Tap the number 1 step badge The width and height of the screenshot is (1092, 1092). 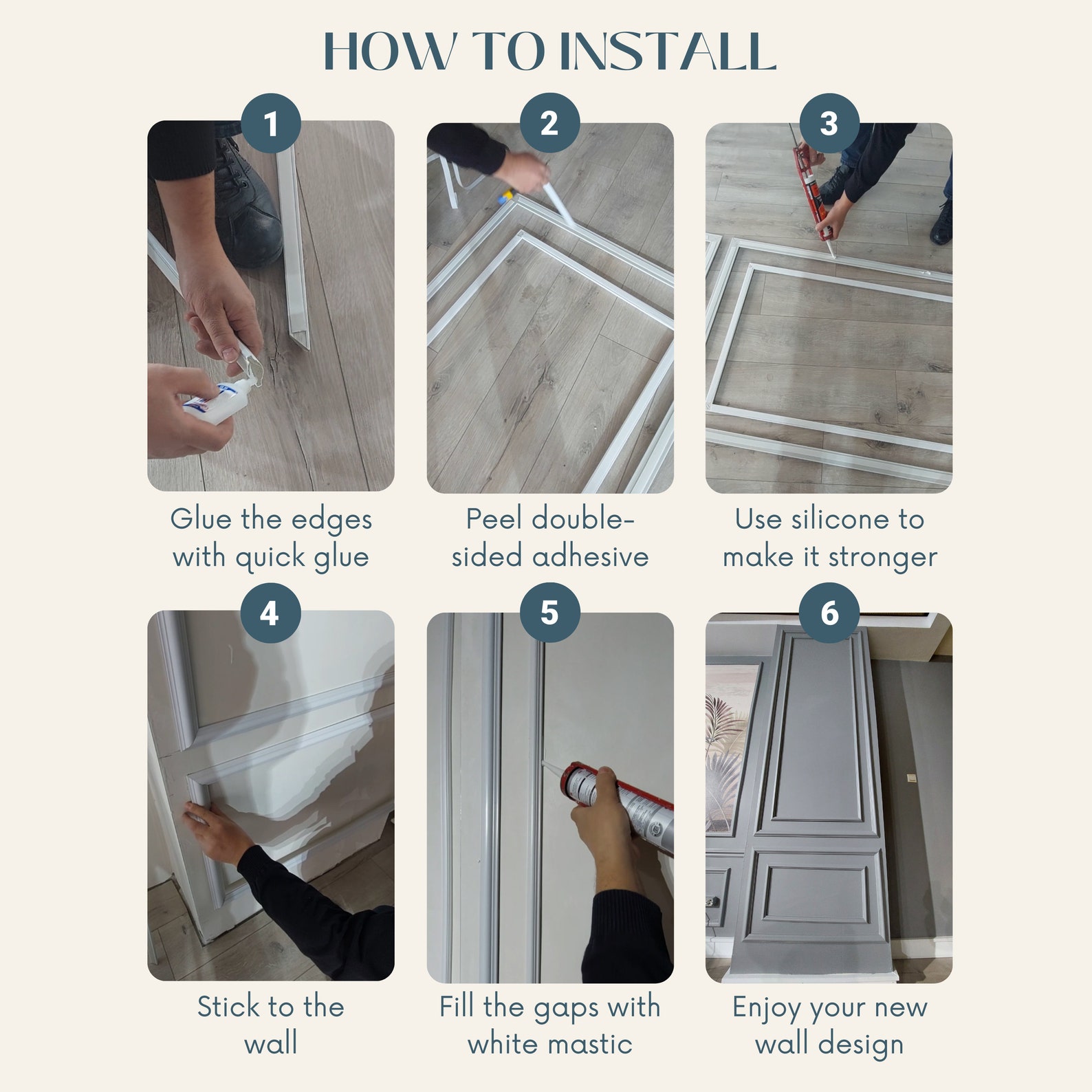pyautogui.click(x=271, y=124)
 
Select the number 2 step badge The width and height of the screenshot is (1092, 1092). pyautogui.click(x=549, y=124)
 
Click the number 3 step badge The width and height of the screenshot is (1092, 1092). pyautogui.click(x=829, y=124)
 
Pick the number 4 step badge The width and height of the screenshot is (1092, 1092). pyautogui.click(x=271, y=613)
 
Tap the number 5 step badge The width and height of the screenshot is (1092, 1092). pyautogui.click(x=549, y=613)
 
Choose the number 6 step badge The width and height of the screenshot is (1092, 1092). pyautogui.click(x=829, y=613)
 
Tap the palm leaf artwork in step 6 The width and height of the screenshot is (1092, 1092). pyautogui.click(x=725, y=743)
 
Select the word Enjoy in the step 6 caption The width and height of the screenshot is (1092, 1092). pyautogui.click(x=767, y=1008)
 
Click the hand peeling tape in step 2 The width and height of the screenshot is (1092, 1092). pyautogui.click(x=526, y=172)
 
